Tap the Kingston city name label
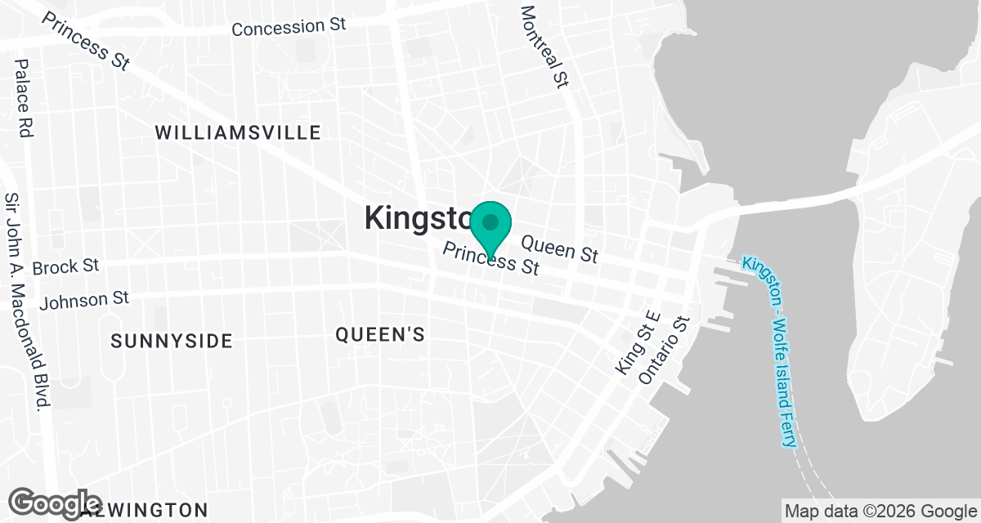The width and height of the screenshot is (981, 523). [417, 218]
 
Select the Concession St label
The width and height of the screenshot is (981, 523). [289, 27]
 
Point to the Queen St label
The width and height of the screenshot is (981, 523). [559, 248]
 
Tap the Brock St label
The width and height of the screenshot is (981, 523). [65, 266]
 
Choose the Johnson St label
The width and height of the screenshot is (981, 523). [85, 300]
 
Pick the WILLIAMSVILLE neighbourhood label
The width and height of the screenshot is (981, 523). [238, 132]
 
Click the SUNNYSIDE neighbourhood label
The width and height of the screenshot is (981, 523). [172, 341]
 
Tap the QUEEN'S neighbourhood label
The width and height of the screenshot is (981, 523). [380, 333]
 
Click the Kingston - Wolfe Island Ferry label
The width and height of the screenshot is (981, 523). [769, 351]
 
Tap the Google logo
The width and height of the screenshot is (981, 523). [56, 503]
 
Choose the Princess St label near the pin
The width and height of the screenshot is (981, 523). [490, 259]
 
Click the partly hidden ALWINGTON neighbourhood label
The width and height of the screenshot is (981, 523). [147, 511]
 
